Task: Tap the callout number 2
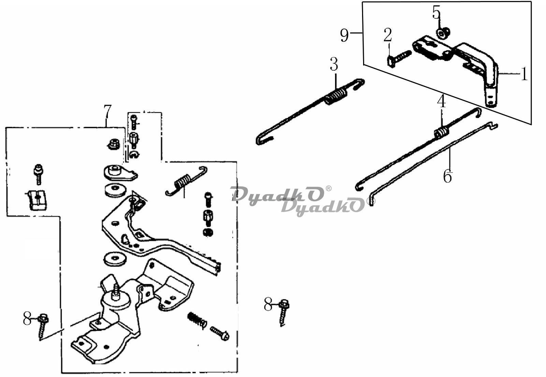[388, 35]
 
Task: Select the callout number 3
[334, 64]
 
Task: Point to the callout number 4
[442, 102]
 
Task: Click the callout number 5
[436, 12]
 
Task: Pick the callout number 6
[447, 176]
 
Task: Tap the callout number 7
[107, 111]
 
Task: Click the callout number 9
[344, 35]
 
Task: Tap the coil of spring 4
[442, 133]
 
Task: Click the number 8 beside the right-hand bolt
[268, 304]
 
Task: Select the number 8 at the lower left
[27, 318]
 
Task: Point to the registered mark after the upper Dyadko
[328, 188]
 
